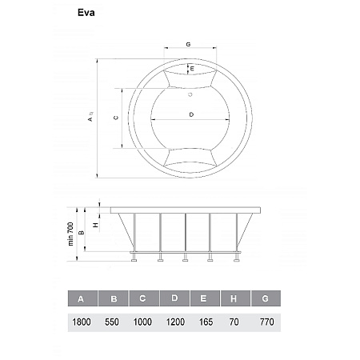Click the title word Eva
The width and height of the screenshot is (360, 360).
coord(86,13)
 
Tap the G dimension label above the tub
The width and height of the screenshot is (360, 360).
coord(188,44)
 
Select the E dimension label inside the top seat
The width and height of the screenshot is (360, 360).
coord(192,69)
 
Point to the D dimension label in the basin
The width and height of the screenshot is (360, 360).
coord(191,114)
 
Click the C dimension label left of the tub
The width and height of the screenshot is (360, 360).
coord(116,118)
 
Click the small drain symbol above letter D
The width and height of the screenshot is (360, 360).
coord(190,94)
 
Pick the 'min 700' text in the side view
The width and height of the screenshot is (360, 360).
coord(70,234)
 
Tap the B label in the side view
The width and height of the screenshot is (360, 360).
coord(82,233)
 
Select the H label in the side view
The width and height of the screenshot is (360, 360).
coord(96,226)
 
